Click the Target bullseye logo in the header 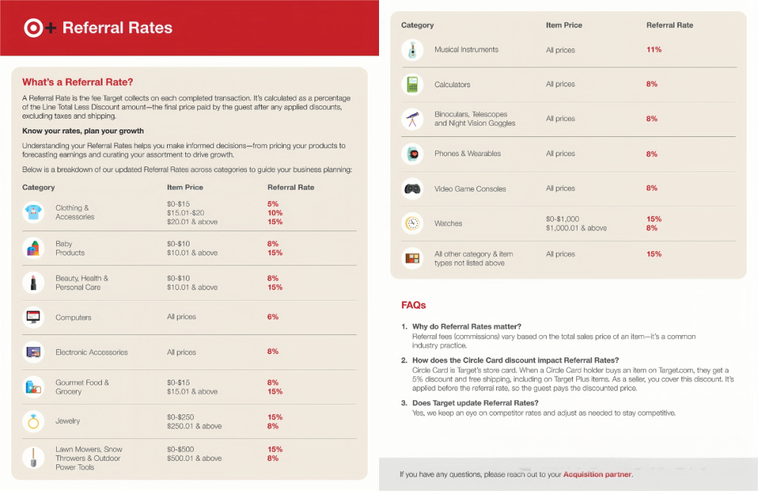(x=33, y=28)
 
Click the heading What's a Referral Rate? (x=77, y=82)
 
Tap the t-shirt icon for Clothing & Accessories (x=33, y=212)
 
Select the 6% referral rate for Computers (x=273, y=317)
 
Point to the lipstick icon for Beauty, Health (x=33, y=282)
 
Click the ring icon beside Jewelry (x=33, y=421)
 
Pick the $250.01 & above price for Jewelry (x=194, y=426)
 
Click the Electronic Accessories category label (x=91, y=353)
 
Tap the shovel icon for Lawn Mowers (x=33, y=458)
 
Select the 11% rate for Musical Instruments (x=653, y=50)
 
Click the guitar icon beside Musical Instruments (x=412, y=50)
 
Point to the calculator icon (x=412, y=84)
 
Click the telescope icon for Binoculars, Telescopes (x=412, y=119)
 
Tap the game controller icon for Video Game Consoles (x=412, y=188)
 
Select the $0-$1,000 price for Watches (x=562, y=219)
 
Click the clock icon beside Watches (x=412, y=223)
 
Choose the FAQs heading (x=413, y=306)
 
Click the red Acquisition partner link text (x=597, y=475)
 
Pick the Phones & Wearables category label (x=467, y=154)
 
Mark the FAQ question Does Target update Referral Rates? (x=475, y=403)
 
